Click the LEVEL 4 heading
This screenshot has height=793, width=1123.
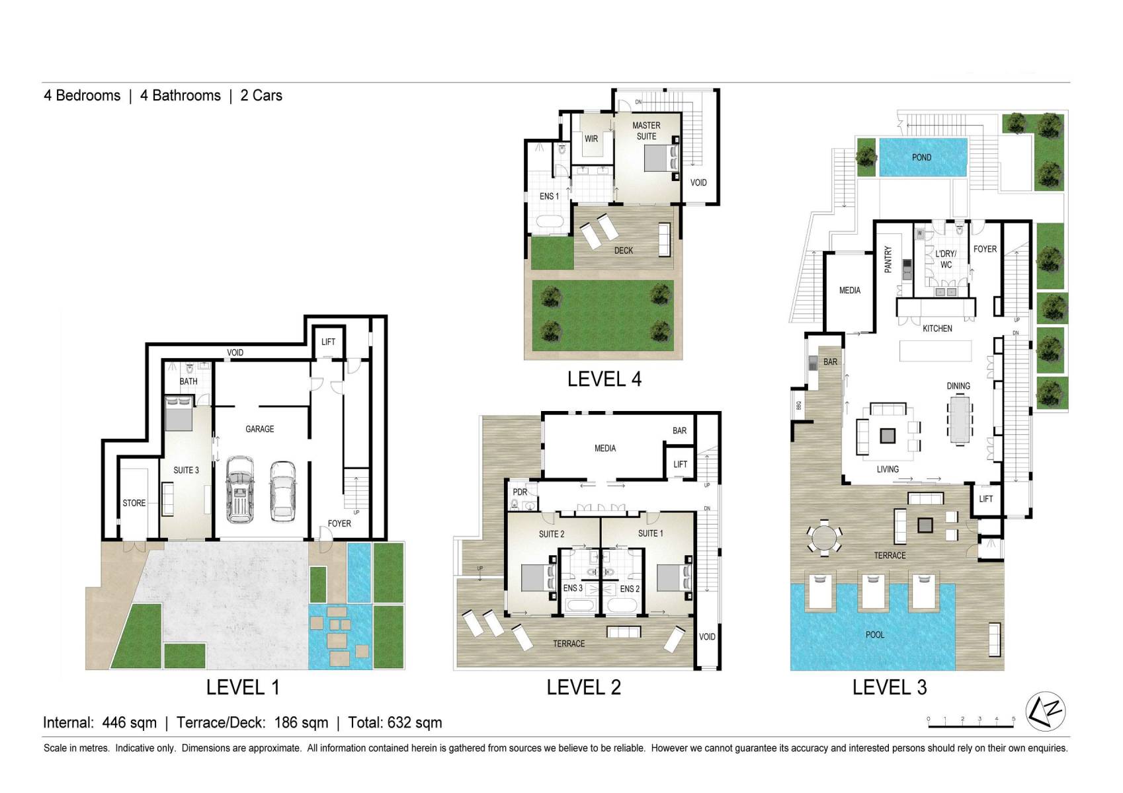pos(604,379)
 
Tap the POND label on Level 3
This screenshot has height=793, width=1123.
pos(921,157)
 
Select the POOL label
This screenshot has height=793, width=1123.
pos(874,634)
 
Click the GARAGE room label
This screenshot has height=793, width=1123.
pos(259,429)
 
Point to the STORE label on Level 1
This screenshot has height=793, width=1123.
pos(134,503)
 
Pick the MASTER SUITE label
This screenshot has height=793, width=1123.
pos(646,131)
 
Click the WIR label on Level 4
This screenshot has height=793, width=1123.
pos(591,139)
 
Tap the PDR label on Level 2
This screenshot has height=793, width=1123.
pos(520,492)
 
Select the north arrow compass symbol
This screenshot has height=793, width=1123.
pos(1045,710)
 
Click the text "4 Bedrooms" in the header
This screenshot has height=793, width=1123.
pos(82,95)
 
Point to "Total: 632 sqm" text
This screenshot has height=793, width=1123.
pos(395,722)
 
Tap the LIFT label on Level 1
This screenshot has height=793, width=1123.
pos(328,342)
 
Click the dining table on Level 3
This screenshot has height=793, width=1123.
pos(960,420)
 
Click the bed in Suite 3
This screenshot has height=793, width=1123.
pos(179,413)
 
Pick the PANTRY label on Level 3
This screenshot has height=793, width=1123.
pos(888,260)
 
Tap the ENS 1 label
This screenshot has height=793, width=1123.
pos(549,196)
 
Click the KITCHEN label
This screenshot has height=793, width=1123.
pos(937,328)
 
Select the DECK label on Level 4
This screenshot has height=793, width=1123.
pos(623,250)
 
